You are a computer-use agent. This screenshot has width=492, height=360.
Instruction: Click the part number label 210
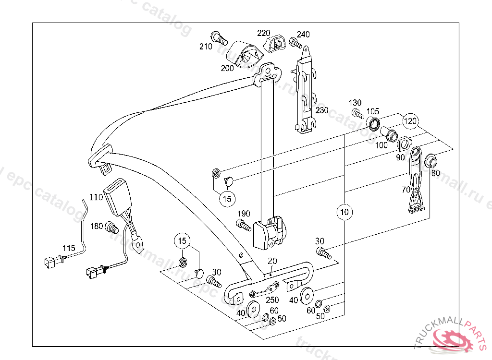point(206,47)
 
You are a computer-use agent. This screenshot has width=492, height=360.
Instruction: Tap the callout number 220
point(264,33)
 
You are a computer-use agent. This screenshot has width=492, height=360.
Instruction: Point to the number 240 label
point(303,34)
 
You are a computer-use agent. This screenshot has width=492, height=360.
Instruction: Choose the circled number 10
point(344,211)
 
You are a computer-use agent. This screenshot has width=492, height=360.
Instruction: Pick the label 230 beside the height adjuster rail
point(321,110)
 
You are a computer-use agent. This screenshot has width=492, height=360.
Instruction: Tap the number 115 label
point(69,248)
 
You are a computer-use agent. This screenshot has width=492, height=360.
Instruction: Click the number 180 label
point(97,226)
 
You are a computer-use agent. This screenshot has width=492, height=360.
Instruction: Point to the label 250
point(272,300)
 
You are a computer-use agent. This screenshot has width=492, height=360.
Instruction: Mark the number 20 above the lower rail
point(272,261)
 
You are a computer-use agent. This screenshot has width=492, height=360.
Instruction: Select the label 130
point(355,103)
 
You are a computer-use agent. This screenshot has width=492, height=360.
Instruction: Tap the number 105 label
point(373,112)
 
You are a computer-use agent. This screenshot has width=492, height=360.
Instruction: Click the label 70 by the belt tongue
point(406,190)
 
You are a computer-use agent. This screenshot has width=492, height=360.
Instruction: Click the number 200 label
point(227,68)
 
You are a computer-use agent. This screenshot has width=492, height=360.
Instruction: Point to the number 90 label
point(400,157)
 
